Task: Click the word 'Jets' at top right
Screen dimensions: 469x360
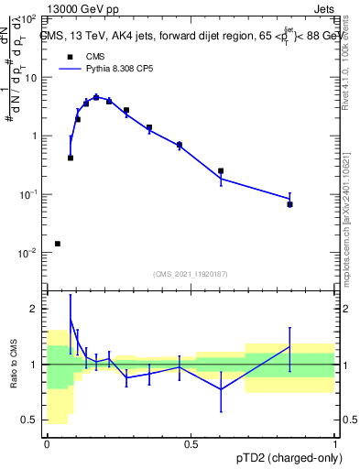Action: (x=325, y=8)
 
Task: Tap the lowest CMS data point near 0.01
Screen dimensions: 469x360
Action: (x=58, y=244)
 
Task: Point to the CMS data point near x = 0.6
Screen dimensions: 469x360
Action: (x=221, y=170)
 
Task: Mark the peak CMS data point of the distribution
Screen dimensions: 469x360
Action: (x=96, y=97)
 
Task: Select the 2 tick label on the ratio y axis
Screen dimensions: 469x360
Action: (x=36, y=309)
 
